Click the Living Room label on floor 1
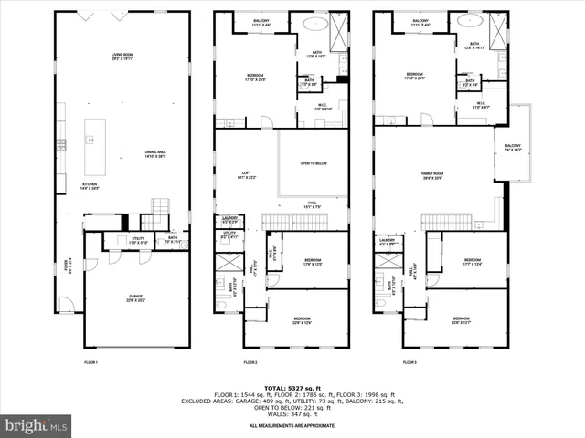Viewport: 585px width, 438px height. [123, 57]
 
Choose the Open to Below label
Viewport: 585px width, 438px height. [314, 164]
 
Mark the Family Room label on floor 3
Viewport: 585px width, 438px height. [432, 176]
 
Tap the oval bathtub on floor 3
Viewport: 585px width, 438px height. [473, 25]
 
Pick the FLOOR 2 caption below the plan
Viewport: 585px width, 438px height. [250, 362]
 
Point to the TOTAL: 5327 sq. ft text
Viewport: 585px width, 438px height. [292, 388]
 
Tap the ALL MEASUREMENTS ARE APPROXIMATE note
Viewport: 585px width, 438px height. [292, 426]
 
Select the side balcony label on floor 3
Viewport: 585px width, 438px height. [512, 148]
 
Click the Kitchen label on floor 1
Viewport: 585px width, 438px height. [65, 186]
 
